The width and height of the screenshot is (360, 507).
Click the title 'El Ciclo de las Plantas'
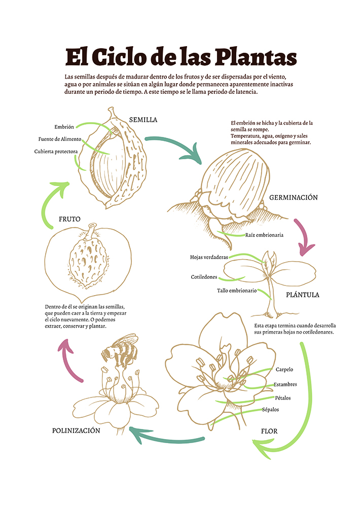pos(181,57)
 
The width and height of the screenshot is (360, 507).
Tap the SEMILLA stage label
pos(143,120)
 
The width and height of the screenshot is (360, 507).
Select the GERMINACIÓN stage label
pos(294,197)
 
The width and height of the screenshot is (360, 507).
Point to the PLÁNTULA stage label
pos(303,295)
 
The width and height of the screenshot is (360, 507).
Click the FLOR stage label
pos(269,431)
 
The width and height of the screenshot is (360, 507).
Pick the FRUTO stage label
pos(69,219)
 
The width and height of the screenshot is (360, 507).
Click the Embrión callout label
pos(64,127)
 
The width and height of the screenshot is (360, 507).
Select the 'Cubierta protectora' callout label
pos(56,152)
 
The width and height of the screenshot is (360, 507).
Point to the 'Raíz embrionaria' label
pos(264,235)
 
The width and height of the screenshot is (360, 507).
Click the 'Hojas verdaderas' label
pos(209,257)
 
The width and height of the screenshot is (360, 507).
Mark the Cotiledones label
pos(204,277)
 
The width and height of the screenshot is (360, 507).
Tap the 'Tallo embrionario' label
pos(237,291)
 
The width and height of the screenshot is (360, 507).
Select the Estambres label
pos(285,384)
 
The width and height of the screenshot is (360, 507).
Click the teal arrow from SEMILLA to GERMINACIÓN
pos(172,143)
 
